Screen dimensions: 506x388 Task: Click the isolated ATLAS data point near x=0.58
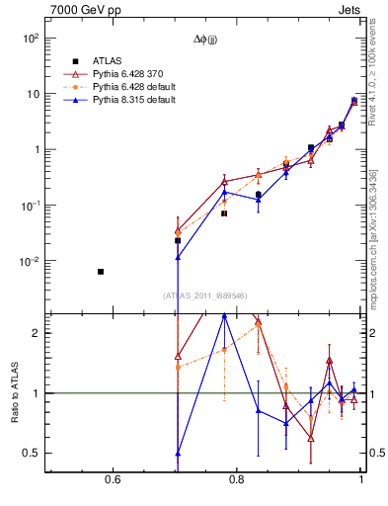pyautogui.click(x=100, y=271)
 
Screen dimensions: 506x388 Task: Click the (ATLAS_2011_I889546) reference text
pyautogui.click(x=205, y=295)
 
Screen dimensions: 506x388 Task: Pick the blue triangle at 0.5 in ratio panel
pyautogui.click(x=178, y=454)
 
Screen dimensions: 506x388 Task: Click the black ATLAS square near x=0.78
pyautogui.click(x=224, y=213)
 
